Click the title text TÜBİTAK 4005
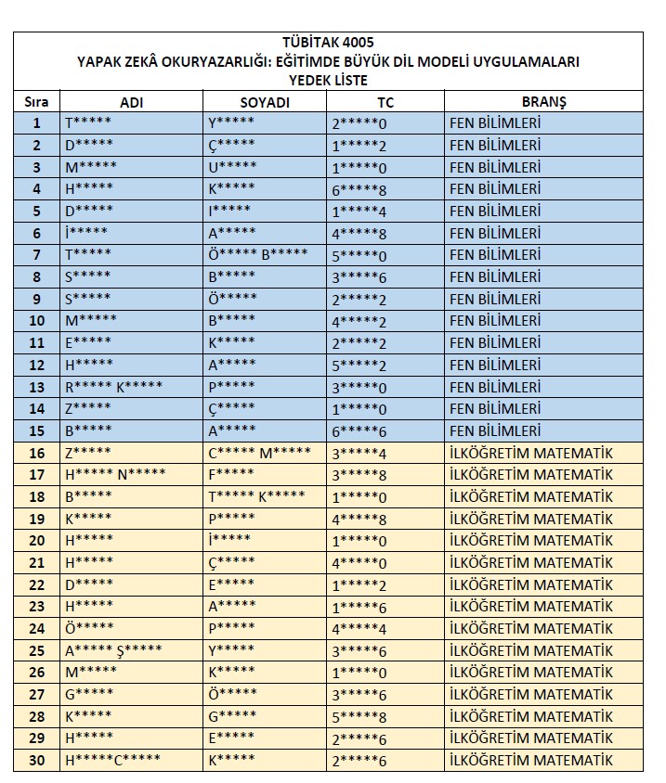[x=329, y=44]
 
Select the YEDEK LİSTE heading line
[x=329, y=80]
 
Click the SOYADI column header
[x=264, y=102]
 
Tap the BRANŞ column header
[x=543, y=102]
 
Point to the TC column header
[x=385, y=102]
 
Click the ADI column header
[x=131, y=102]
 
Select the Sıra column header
[x=37, y=102]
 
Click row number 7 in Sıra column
[x=37, y=255]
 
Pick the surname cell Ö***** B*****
[x=257, y=255]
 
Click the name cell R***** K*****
[x=114, y=387]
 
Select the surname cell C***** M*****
[x=259, y=453]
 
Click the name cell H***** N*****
[x=115, y=475]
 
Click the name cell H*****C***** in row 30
[x=112, y=761]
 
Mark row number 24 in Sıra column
[x=37, y=629]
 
